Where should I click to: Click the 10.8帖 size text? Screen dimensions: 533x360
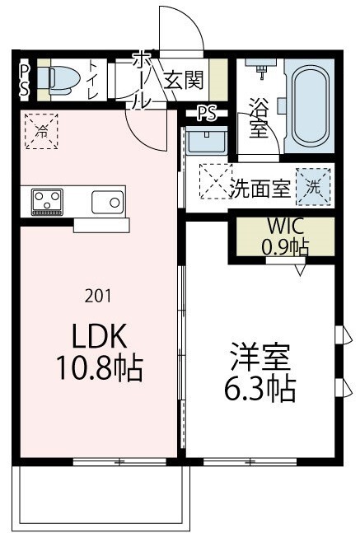[98, 368]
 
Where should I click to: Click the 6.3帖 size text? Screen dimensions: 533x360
[260, 388]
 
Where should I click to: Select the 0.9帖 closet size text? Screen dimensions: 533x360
[285, 245]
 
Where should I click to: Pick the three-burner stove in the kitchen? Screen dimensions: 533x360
[48, 201]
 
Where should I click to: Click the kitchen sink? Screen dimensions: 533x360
[106, 201]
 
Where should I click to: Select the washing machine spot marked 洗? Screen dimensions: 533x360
[313, 185]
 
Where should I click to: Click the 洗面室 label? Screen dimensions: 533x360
[259, 186]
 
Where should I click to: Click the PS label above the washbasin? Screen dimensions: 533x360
[206, 114]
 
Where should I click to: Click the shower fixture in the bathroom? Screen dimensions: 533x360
[262, 69]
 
